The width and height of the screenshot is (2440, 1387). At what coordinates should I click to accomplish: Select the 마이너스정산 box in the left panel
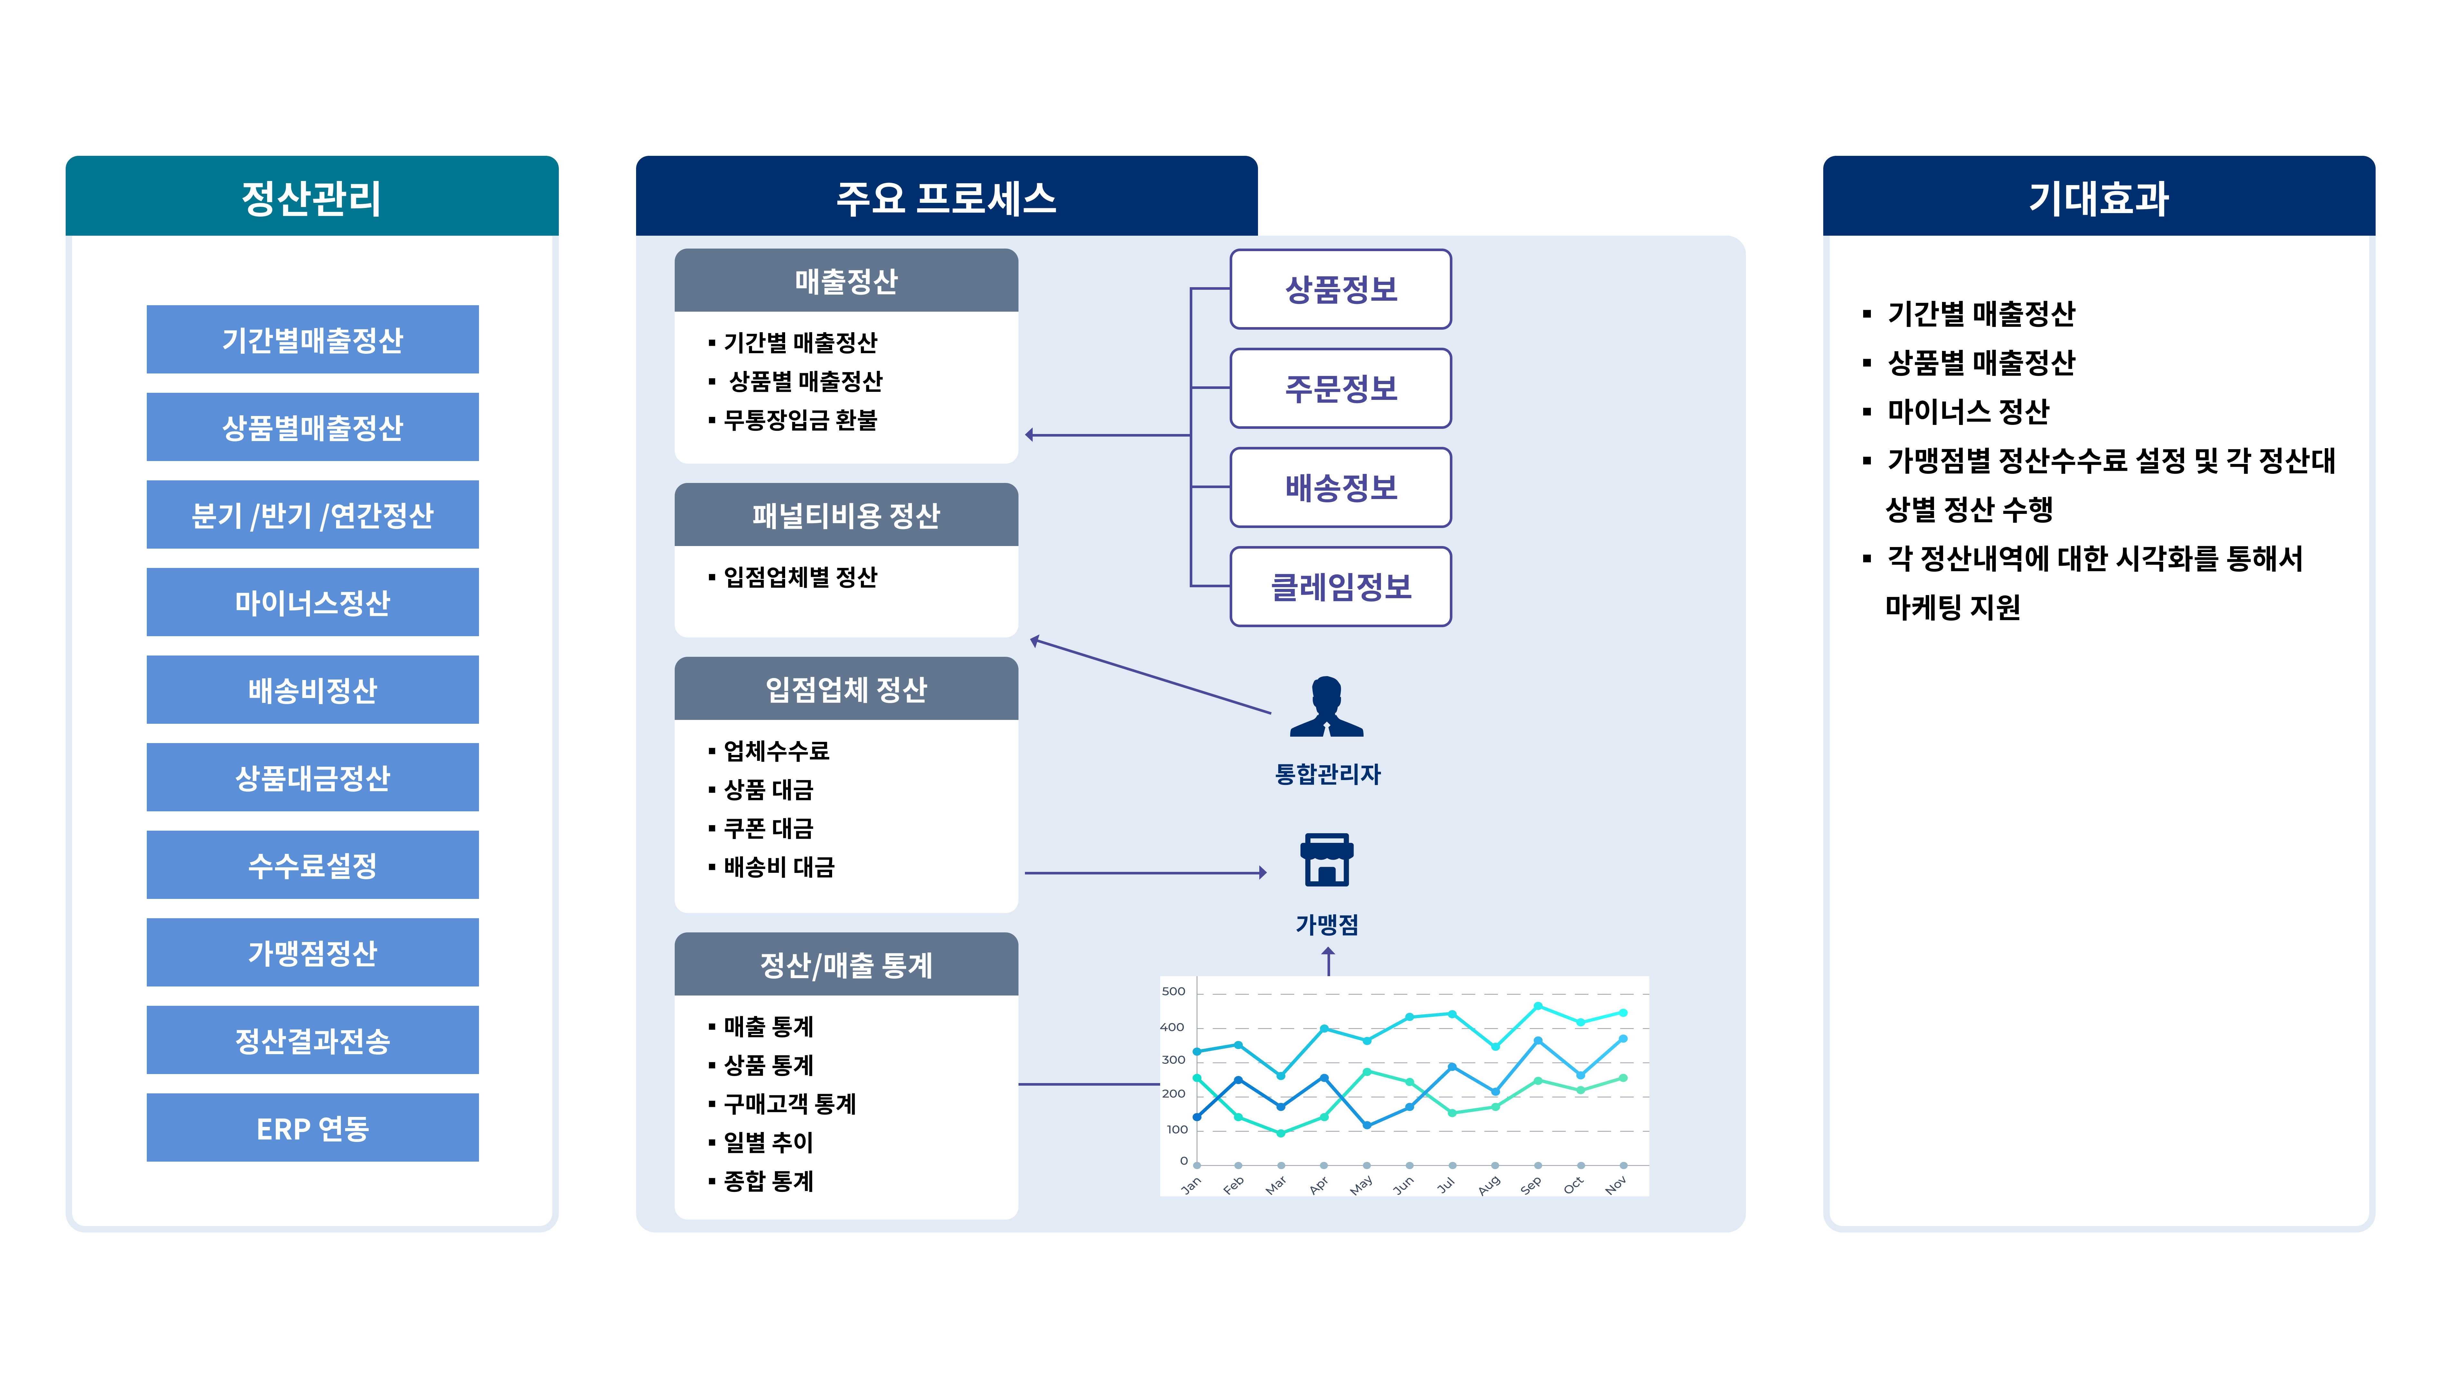pyautogui.click(x=312, y=602)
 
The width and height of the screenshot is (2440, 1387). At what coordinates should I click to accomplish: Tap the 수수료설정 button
pyautogui.click(x=312, y=865)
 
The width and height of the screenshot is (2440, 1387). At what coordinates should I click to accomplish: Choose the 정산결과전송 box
pyautogui.click(x=312, y=1040)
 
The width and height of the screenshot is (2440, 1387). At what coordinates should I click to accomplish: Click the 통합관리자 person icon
pyautogui.click(x=1327, y=707)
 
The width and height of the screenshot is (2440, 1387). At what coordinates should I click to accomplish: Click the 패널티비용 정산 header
pyautogui.click(x=846, y=515)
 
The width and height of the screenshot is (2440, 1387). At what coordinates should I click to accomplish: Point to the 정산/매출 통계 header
pyautogui.click(x=846, y=965)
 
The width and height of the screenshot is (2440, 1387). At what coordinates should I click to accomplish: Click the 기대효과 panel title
pyautogui.click(x=2098, y=198)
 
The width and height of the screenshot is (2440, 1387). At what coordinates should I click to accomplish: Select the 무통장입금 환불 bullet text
pyautogui.click(x=800, y=420)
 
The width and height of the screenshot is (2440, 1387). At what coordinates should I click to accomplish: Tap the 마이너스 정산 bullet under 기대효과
pyautogui.click(x=1968, y=411)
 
